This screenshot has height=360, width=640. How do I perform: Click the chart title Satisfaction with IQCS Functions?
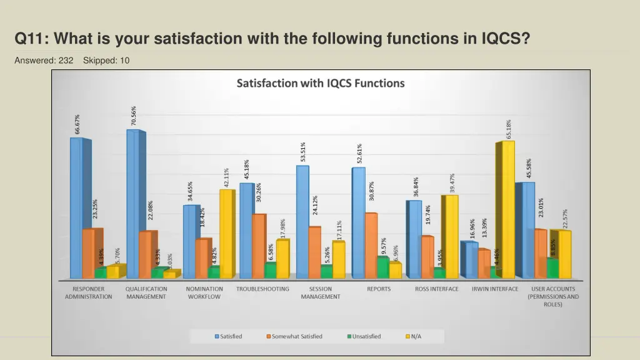(320, 83)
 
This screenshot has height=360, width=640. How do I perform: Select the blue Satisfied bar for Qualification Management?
(132, 203)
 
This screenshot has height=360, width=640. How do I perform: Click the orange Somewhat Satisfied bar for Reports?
(371, 245)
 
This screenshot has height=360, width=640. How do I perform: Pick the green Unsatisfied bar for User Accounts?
(552, 268)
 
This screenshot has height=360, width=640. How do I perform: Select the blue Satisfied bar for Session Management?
(302, 222)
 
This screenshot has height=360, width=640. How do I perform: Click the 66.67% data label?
(77, 123)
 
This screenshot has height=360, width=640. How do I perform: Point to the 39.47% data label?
(452, 182)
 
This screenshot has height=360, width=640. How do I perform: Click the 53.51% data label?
(303, 152)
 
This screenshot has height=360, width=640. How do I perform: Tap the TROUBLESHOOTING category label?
(262, 289)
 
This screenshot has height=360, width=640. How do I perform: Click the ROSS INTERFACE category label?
(436, 289)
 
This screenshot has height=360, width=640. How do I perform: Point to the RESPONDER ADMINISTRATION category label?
(89, 293)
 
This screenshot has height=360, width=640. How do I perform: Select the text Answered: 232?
(44, 60)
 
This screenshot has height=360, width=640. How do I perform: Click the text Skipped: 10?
(106, 60)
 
